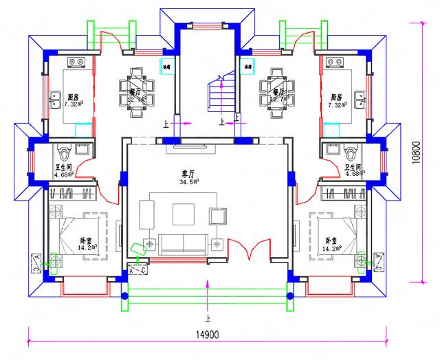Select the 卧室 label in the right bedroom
pyautogui.click(x=332, y=240)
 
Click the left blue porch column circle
pyautogui.click(x=124, y=297)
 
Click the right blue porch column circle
pyautogui.click(x=289, y=297)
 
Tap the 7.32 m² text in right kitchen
pyautogui.click(x=338, y=104)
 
